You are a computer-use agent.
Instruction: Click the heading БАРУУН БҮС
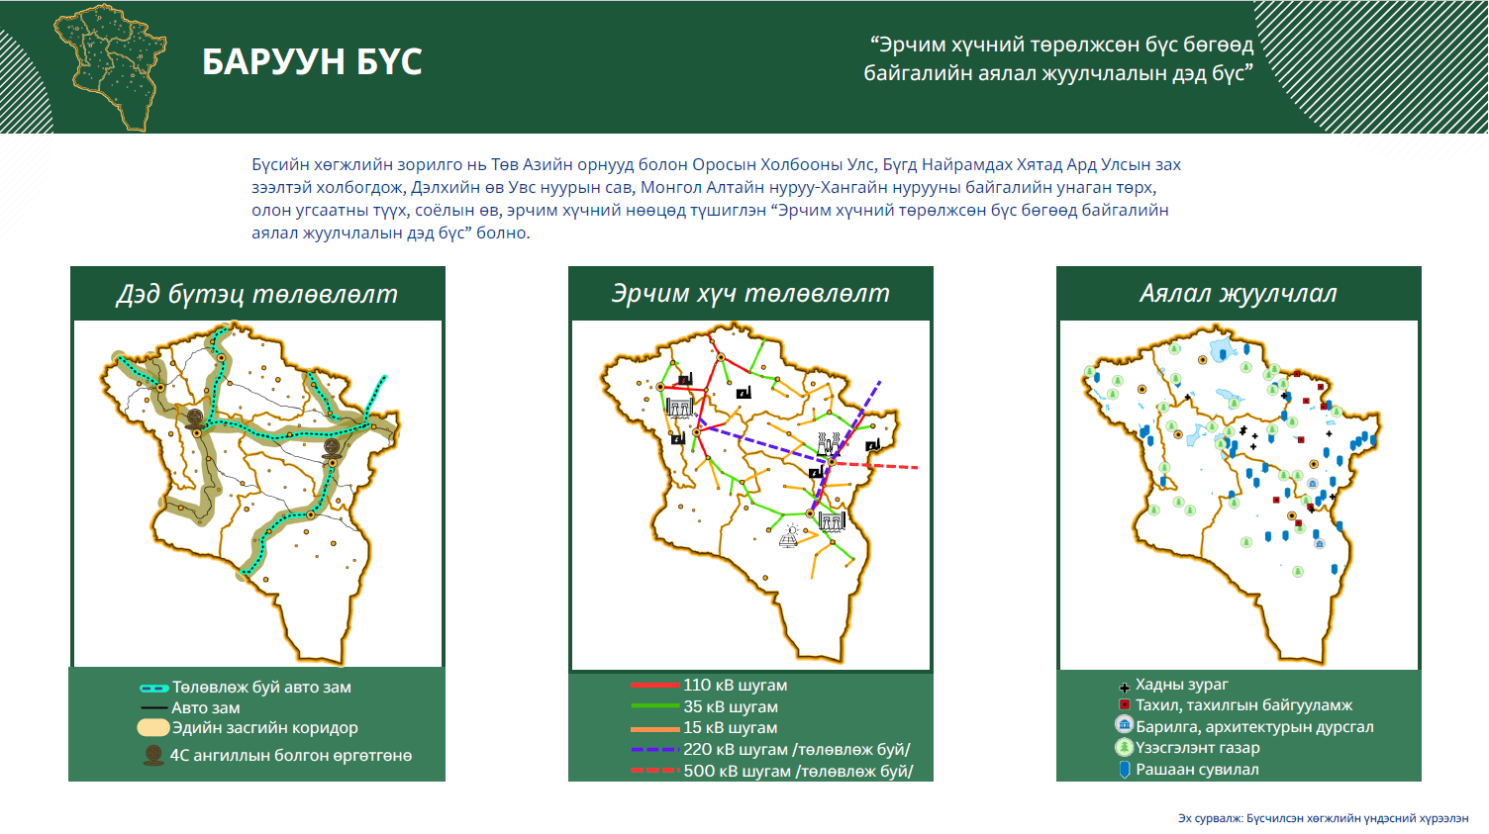click(x=312, y=61)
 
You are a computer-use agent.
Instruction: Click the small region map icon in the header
click(x=110, y=67)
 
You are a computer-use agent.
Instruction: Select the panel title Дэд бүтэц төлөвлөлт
click(x=257, y=294)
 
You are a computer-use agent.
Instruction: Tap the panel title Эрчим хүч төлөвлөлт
click(x=750, y=294)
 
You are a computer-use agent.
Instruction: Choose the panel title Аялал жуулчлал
click(x=1239, y=294)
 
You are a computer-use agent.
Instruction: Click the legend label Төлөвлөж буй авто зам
click(x=261, y=688)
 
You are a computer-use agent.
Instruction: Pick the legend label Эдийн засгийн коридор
click(x=264, y=728)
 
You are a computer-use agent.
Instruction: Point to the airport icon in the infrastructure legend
click(x=153, y=755)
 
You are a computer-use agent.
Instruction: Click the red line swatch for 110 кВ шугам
click(x=654, y=685)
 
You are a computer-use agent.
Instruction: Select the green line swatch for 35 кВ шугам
click(x=654, y=706)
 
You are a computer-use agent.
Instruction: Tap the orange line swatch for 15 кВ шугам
click(x=654, y=728)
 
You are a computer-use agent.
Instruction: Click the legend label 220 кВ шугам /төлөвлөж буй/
click(x=796, y=750)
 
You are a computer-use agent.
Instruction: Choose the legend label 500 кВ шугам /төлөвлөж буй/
click(x=798, y=772)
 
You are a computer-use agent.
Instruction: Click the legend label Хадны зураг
click(x=1181, y=685)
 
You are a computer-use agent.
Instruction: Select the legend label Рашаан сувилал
click(x=1197, y=770)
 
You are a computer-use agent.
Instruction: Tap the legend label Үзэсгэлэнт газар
click(x=1197, y=748)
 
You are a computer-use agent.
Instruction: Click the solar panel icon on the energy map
click(x=789, y=536)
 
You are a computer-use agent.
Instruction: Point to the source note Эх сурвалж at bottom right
click(x=1323, y=819)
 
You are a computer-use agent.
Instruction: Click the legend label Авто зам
click(x=205, y=707)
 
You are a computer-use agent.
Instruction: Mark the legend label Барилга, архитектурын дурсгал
click(x=1254, y=727)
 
